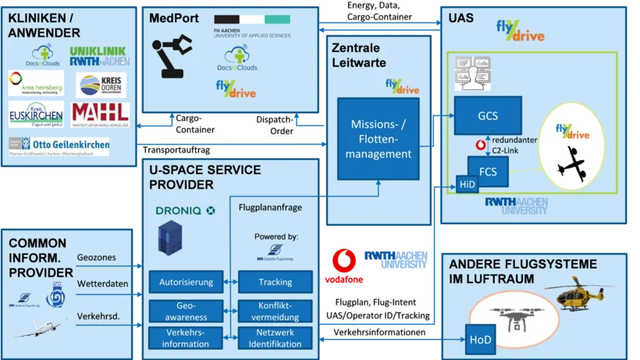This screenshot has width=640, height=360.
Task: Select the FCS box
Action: tap(488, 169)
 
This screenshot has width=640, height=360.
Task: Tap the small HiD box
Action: tap(468, 184)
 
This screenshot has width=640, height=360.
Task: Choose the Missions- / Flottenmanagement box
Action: tap(381, 139)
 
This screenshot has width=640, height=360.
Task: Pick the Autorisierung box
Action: tap(186, 282)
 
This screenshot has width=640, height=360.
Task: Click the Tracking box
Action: tap(276, 282)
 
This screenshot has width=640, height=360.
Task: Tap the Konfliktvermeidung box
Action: tap(276, 312)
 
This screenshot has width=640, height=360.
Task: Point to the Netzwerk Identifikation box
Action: tap(276, 339)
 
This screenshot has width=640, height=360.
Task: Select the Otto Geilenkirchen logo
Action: tap(59, 146)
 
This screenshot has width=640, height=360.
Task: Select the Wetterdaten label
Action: tap(102, 283)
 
